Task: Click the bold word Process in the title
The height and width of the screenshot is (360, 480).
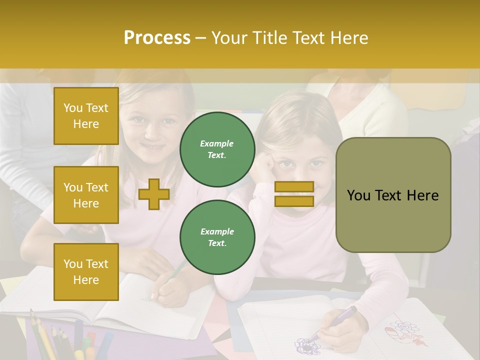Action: pyautogui.click(x=157, y=38)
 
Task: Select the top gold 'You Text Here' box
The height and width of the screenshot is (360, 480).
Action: pyautogui.click(x=86, y=116)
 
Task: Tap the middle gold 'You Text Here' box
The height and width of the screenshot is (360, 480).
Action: pyautogui.click(x=86, y=195)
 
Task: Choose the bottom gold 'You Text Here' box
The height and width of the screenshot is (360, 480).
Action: pyautogui.click(x=86, y=272)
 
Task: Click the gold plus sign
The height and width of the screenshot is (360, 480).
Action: pyautogui.click(x=154, y=194)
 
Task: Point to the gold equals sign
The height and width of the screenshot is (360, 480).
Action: pyautogui.click(x=294, y=194)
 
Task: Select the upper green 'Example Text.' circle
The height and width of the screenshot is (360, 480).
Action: pyautogui.click(x=217, y=149)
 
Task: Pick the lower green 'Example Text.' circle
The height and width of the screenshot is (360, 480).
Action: pyautogui.click(x=217, y=237)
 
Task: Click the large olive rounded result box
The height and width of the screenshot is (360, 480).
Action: pyautogui.click(x=393, y=195)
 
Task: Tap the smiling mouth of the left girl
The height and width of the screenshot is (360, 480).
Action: pyautogui.click(x=151, y=147)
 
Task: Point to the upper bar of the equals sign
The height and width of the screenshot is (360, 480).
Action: pyautogui.click(x=294, y=187)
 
